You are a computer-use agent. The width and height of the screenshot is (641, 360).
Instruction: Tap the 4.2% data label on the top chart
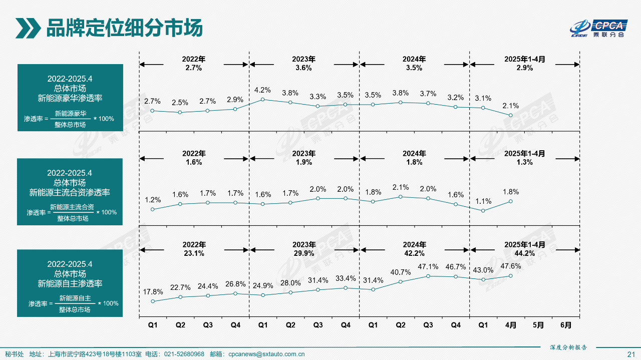pos(262,90)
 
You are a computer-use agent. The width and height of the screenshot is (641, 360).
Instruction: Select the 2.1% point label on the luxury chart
pos(510,106)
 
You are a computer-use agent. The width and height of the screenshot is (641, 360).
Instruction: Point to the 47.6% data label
pos(510,266)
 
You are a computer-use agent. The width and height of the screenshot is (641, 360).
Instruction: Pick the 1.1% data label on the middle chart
pos(483,201)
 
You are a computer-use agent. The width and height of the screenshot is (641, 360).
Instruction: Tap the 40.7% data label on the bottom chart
pos(400,272)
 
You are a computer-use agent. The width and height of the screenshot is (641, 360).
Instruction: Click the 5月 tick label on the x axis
pos(538,325)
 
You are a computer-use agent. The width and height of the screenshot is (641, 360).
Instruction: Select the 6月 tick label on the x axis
pos(566,325)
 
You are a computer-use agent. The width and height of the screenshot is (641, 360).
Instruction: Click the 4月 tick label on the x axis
pos(511,325)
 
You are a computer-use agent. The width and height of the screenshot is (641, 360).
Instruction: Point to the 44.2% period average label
pos(524,253)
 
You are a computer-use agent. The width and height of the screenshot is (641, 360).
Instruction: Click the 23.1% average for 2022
pos(194,253)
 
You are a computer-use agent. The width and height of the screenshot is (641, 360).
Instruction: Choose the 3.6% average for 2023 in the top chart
pos(304,68)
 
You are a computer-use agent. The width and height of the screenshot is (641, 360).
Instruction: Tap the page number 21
pos(631,354)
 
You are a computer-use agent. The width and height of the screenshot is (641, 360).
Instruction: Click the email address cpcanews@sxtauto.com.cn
pos(266,354)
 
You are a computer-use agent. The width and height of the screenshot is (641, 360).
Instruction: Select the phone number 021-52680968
pos(184,354)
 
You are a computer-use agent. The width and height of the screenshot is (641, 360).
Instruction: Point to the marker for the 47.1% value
pos(428,276)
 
